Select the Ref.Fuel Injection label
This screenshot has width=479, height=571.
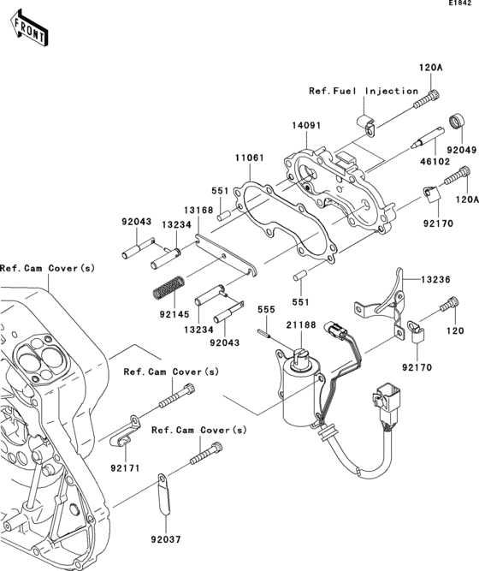364,91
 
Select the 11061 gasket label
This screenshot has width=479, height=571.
249,158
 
